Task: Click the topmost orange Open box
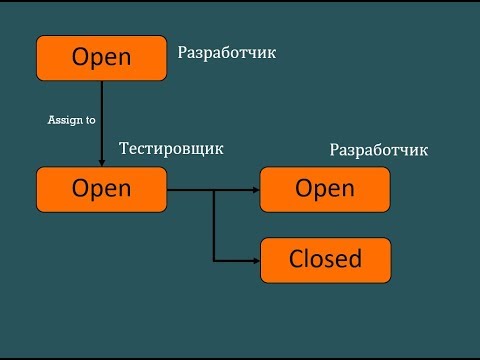(101, 57)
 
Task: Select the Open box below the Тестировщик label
(101, 189)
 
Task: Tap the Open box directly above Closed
(325, 189)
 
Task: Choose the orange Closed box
(325, 260)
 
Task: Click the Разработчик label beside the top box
(226, 53)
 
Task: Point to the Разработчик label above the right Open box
(378, 151)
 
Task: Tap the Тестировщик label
(171, 149)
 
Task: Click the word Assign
(65, 120)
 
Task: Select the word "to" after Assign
(89, 120)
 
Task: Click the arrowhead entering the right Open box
(254, 189)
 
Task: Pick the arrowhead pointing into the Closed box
(254, 260)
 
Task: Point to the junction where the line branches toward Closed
(214, 189)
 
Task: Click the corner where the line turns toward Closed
(214, 260)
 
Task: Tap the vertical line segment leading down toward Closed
(214, 225)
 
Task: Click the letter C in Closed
(297, 260)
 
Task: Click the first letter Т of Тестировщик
(125, 149)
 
